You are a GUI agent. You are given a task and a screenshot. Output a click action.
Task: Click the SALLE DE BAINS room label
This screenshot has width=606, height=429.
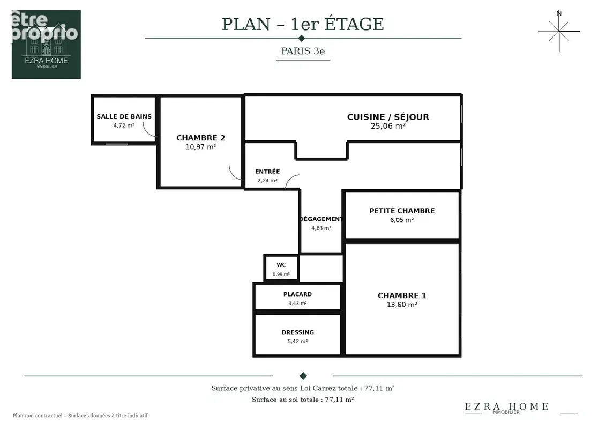(124, 116)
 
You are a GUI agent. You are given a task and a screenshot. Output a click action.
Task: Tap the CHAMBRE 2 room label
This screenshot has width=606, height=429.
(200, 138)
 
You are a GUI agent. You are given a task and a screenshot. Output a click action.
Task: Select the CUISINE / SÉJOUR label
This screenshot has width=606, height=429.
(388, 117)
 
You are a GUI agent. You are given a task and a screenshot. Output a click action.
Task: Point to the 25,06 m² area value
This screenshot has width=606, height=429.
(388, 126)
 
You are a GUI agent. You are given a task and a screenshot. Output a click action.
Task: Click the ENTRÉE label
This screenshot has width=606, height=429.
(267, 172)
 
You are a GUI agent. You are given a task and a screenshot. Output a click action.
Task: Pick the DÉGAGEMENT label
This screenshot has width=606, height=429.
(321, 219)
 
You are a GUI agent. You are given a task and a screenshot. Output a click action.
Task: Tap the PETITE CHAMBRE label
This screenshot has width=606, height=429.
(402, 211)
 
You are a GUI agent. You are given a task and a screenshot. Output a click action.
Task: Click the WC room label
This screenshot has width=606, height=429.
(281, 265)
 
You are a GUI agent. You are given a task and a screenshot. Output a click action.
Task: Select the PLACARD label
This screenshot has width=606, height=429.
(297, 294)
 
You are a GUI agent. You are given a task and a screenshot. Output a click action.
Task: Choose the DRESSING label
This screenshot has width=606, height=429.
(297, 332)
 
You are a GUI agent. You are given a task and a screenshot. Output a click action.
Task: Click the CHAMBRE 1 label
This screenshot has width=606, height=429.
(402, 295)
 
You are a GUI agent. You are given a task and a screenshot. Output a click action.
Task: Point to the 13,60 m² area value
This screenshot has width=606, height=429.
(402, 305)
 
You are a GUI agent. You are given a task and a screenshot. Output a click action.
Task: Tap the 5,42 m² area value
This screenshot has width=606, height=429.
(297, 341)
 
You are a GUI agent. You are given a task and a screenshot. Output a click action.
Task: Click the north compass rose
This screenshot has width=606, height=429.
(559, 31)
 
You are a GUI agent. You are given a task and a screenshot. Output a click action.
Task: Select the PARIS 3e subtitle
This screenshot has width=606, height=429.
(303, 51)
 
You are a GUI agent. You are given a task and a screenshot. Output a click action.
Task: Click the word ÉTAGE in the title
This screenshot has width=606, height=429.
(354, 24)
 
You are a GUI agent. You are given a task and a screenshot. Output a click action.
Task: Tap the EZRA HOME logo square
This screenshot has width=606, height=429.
(47, 45)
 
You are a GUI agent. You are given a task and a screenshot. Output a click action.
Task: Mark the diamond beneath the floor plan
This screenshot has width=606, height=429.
(303, 375)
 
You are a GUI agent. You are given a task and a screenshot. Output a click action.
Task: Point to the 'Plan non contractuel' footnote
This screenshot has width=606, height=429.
(81, 416)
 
